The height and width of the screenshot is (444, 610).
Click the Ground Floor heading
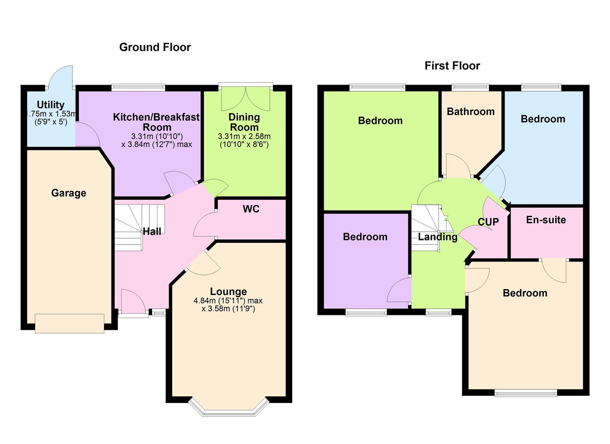tap(155, 47)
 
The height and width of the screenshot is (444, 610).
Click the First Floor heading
tap(452, 66)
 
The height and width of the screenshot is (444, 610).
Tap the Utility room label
tap(51, 105)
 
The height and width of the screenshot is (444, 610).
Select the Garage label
tap(69, 193)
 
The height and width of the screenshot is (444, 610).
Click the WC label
tap(251, 209)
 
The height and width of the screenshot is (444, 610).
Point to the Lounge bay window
tap(228, 408)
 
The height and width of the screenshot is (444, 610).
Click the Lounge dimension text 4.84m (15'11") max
tap(228, 301)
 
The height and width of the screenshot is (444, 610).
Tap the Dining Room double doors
tap(246, 98)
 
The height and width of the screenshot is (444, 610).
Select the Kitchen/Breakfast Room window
tap(138, 87)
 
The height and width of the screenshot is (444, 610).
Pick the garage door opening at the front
tap(69, 323)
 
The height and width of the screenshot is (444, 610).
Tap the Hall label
tap(152, 231)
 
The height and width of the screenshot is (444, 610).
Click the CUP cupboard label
tap(488, 222)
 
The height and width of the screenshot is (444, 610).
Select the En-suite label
tap(546, 220)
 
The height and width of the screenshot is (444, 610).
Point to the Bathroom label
tap(470, 111)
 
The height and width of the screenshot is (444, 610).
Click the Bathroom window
tap(470, 87)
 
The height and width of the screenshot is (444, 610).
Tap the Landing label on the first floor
tap(437, 237)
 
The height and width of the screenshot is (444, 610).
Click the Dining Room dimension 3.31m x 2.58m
tap(244, 136)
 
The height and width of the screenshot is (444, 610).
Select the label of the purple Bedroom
tap(365, 237)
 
